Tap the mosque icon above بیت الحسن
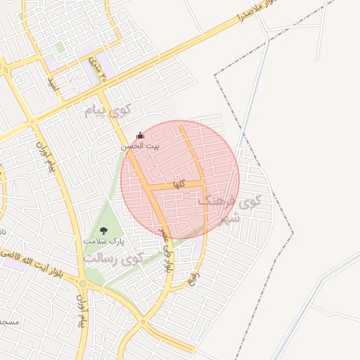tap(139, 135)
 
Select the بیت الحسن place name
tap(139, 146)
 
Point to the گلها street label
tap(179, 184)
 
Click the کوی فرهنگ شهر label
tap(229, 208)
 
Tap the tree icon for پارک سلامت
tap(104, 230)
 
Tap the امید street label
tap(51, 84)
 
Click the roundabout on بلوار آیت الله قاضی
tap(83, 284)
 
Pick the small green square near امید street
tap(60, 47)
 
